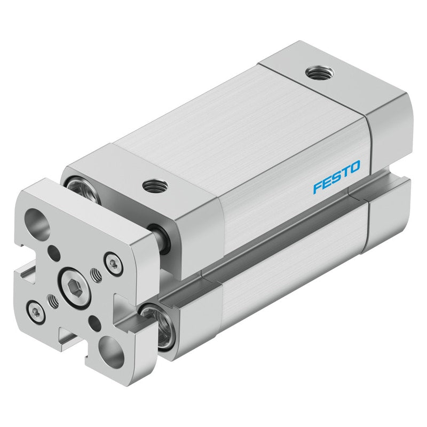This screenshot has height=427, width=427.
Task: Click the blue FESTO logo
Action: [x=337, y=177]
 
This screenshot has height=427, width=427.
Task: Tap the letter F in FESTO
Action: [x=318, y=187]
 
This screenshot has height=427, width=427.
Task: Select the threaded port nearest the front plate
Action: [x=155, y=186]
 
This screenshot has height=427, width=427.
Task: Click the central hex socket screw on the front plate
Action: [x=74, y=288]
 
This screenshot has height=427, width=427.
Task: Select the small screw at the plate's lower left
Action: [x=36, y=313]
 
